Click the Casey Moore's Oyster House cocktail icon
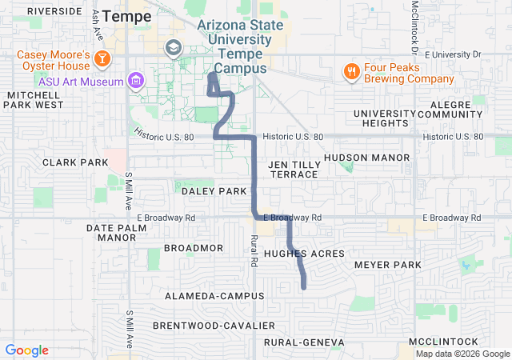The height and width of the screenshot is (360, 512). [102, 58]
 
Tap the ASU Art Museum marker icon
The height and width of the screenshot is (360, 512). [136, 81]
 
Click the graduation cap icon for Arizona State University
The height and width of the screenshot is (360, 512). [172, 49]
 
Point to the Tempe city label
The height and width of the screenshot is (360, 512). [126, 16]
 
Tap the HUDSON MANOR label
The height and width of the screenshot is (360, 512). [356, 158]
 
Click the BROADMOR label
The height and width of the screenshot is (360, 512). [194, 248]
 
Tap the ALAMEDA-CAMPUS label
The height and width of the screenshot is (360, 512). [214, 296]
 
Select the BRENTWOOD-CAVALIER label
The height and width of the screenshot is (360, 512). [214, 326]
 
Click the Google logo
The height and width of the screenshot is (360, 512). [27, 350]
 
